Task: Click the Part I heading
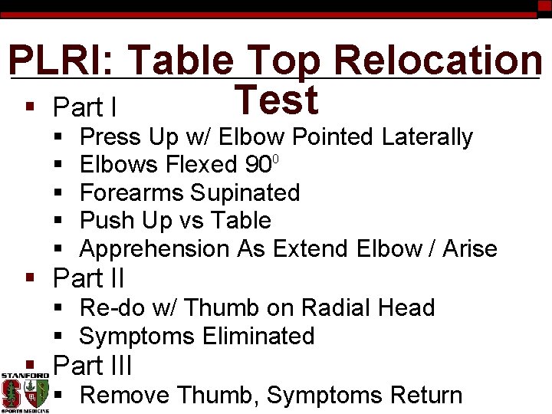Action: (85, 107)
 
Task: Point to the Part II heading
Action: (89, 278)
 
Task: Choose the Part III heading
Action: (93, 365)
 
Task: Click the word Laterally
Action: (427, 137)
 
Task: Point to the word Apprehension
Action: (154, 249)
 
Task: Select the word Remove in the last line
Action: (125, 396)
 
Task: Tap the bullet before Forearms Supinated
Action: (60, 193)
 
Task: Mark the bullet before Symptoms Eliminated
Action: (60, 337)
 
